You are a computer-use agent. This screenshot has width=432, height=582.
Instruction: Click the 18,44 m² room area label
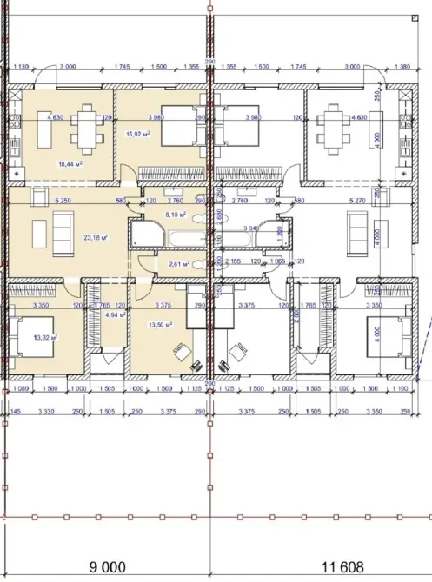point(68,162)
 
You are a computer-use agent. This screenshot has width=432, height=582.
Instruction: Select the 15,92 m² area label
point(139,135)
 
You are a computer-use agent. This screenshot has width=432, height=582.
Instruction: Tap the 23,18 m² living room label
point(93,237)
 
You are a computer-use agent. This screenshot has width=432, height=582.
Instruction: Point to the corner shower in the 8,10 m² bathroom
point(139,234)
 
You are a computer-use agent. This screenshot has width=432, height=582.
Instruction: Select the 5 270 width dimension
point(356,201)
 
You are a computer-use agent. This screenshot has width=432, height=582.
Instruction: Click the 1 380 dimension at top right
point(402,66)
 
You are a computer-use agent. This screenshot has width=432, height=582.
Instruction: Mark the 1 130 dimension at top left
point(23,66)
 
